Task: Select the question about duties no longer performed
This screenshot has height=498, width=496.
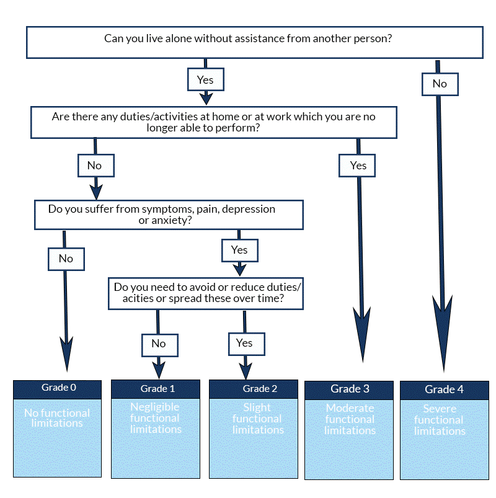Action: [213, 122]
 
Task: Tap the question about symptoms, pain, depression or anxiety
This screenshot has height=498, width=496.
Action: [168, 215]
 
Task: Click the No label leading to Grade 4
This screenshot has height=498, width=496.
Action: [440, 84]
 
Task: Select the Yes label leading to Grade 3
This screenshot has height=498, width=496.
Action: [358, 166]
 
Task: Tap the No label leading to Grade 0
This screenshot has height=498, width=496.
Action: [66, 259]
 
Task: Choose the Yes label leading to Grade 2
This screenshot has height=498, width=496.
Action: [244, 343]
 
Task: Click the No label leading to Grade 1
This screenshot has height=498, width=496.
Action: [159, 344]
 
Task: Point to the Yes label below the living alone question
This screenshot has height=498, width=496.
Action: [205, 80]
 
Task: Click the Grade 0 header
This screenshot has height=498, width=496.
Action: [57, 388]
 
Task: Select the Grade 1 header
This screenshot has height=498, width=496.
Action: [156, 389]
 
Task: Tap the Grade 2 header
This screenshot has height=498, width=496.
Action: [258, 389]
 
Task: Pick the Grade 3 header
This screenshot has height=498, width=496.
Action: [350, 389]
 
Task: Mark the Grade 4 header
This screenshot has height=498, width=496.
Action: [444, 389]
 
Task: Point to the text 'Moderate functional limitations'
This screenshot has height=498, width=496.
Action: [350, 419]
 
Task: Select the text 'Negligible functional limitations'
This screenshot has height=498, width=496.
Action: [156, 418]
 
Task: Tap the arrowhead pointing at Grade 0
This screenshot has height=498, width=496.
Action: [66, 354]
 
